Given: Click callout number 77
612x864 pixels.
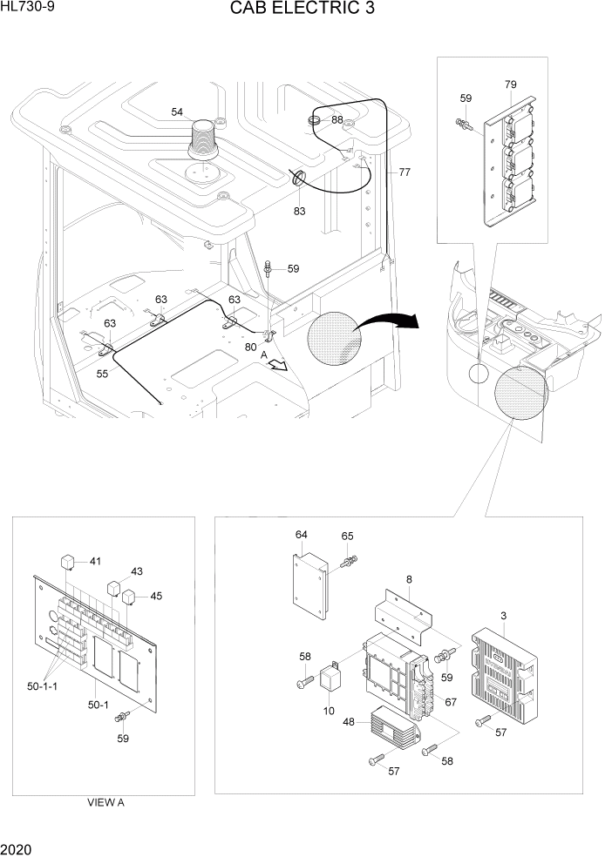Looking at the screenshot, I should pos(405,172).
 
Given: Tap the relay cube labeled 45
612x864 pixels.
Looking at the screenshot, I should pos(129,597).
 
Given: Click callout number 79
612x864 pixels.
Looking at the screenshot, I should pos(511,84).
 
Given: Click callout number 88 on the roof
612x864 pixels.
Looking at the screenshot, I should pos(337,119).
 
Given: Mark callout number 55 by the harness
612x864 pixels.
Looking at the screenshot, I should pos(102,373).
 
